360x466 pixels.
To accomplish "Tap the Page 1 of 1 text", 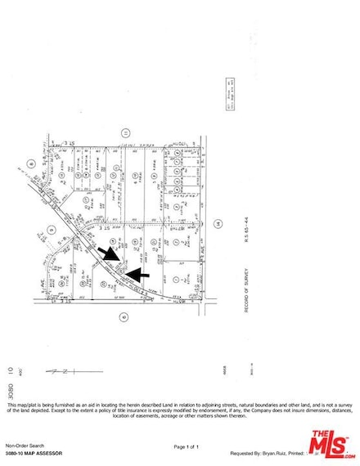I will click(187, 446).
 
